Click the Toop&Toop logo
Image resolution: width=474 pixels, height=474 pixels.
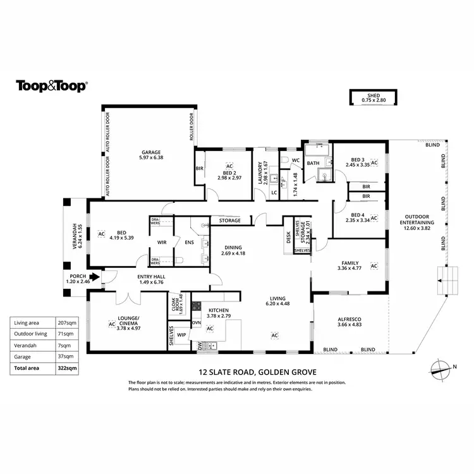51,87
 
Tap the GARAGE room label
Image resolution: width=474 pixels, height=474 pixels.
151,152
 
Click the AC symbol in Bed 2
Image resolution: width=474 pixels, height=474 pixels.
229,166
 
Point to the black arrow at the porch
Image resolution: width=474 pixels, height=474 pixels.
94,276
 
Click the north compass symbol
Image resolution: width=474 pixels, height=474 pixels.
438,367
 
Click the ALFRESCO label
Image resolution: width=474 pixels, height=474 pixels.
349,319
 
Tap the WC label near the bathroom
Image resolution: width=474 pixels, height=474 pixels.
295,161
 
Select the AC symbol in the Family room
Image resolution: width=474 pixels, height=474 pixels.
374,266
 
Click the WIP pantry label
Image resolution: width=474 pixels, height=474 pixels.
181,334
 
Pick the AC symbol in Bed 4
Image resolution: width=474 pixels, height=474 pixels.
374,218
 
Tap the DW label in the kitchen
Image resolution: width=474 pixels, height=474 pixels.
200,346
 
